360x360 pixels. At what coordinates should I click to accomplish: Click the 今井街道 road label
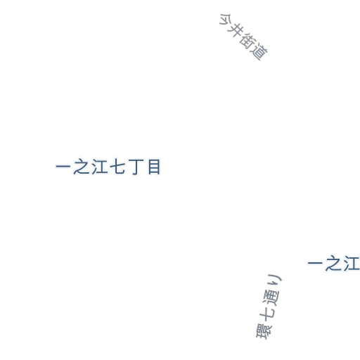pyautogui.click(x=243, y=37)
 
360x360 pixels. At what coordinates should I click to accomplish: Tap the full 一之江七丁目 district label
pyautogui.click(x=108, y=167)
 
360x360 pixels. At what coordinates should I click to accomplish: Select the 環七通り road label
pyautogui.click(x=269, y=307)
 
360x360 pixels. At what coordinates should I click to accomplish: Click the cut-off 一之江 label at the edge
pyautogui.click(x=334, y=263)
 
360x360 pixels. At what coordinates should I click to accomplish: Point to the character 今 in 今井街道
pyautogui.click(x=226, y=20)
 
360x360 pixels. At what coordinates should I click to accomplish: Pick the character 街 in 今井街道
pyautogui.click(x=247, y=41)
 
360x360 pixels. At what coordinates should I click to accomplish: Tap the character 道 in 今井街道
pyautogui.click(x=259, y=52)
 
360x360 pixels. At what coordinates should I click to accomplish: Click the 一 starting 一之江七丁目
pyautogui.click(x=63, y=167)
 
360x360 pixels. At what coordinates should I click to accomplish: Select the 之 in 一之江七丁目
pyautogui.click(x=82, y=167)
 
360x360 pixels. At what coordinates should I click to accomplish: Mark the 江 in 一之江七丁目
pyautogui.click(x=100, y=167)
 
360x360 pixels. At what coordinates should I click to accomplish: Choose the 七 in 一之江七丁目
pyautogui.click(x=117, y=167)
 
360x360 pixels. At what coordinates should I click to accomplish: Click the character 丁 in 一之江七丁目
pyautogui.click(x=136, y=167)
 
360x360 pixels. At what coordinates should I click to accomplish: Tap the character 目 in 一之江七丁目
pyautogui.click(x=154, y=167)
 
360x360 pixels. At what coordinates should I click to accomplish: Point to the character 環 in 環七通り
pyautogui.click(x=264, y=331)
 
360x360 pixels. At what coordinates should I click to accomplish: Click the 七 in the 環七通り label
pyautogui.click(x=267, y=314)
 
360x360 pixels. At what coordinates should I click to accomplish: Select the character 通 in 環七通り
pyautogui.click(x=271, y=297)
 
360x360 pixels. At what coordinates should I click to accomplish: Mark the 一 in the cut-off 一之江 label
pyautogui.click(x=315, y=263)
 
